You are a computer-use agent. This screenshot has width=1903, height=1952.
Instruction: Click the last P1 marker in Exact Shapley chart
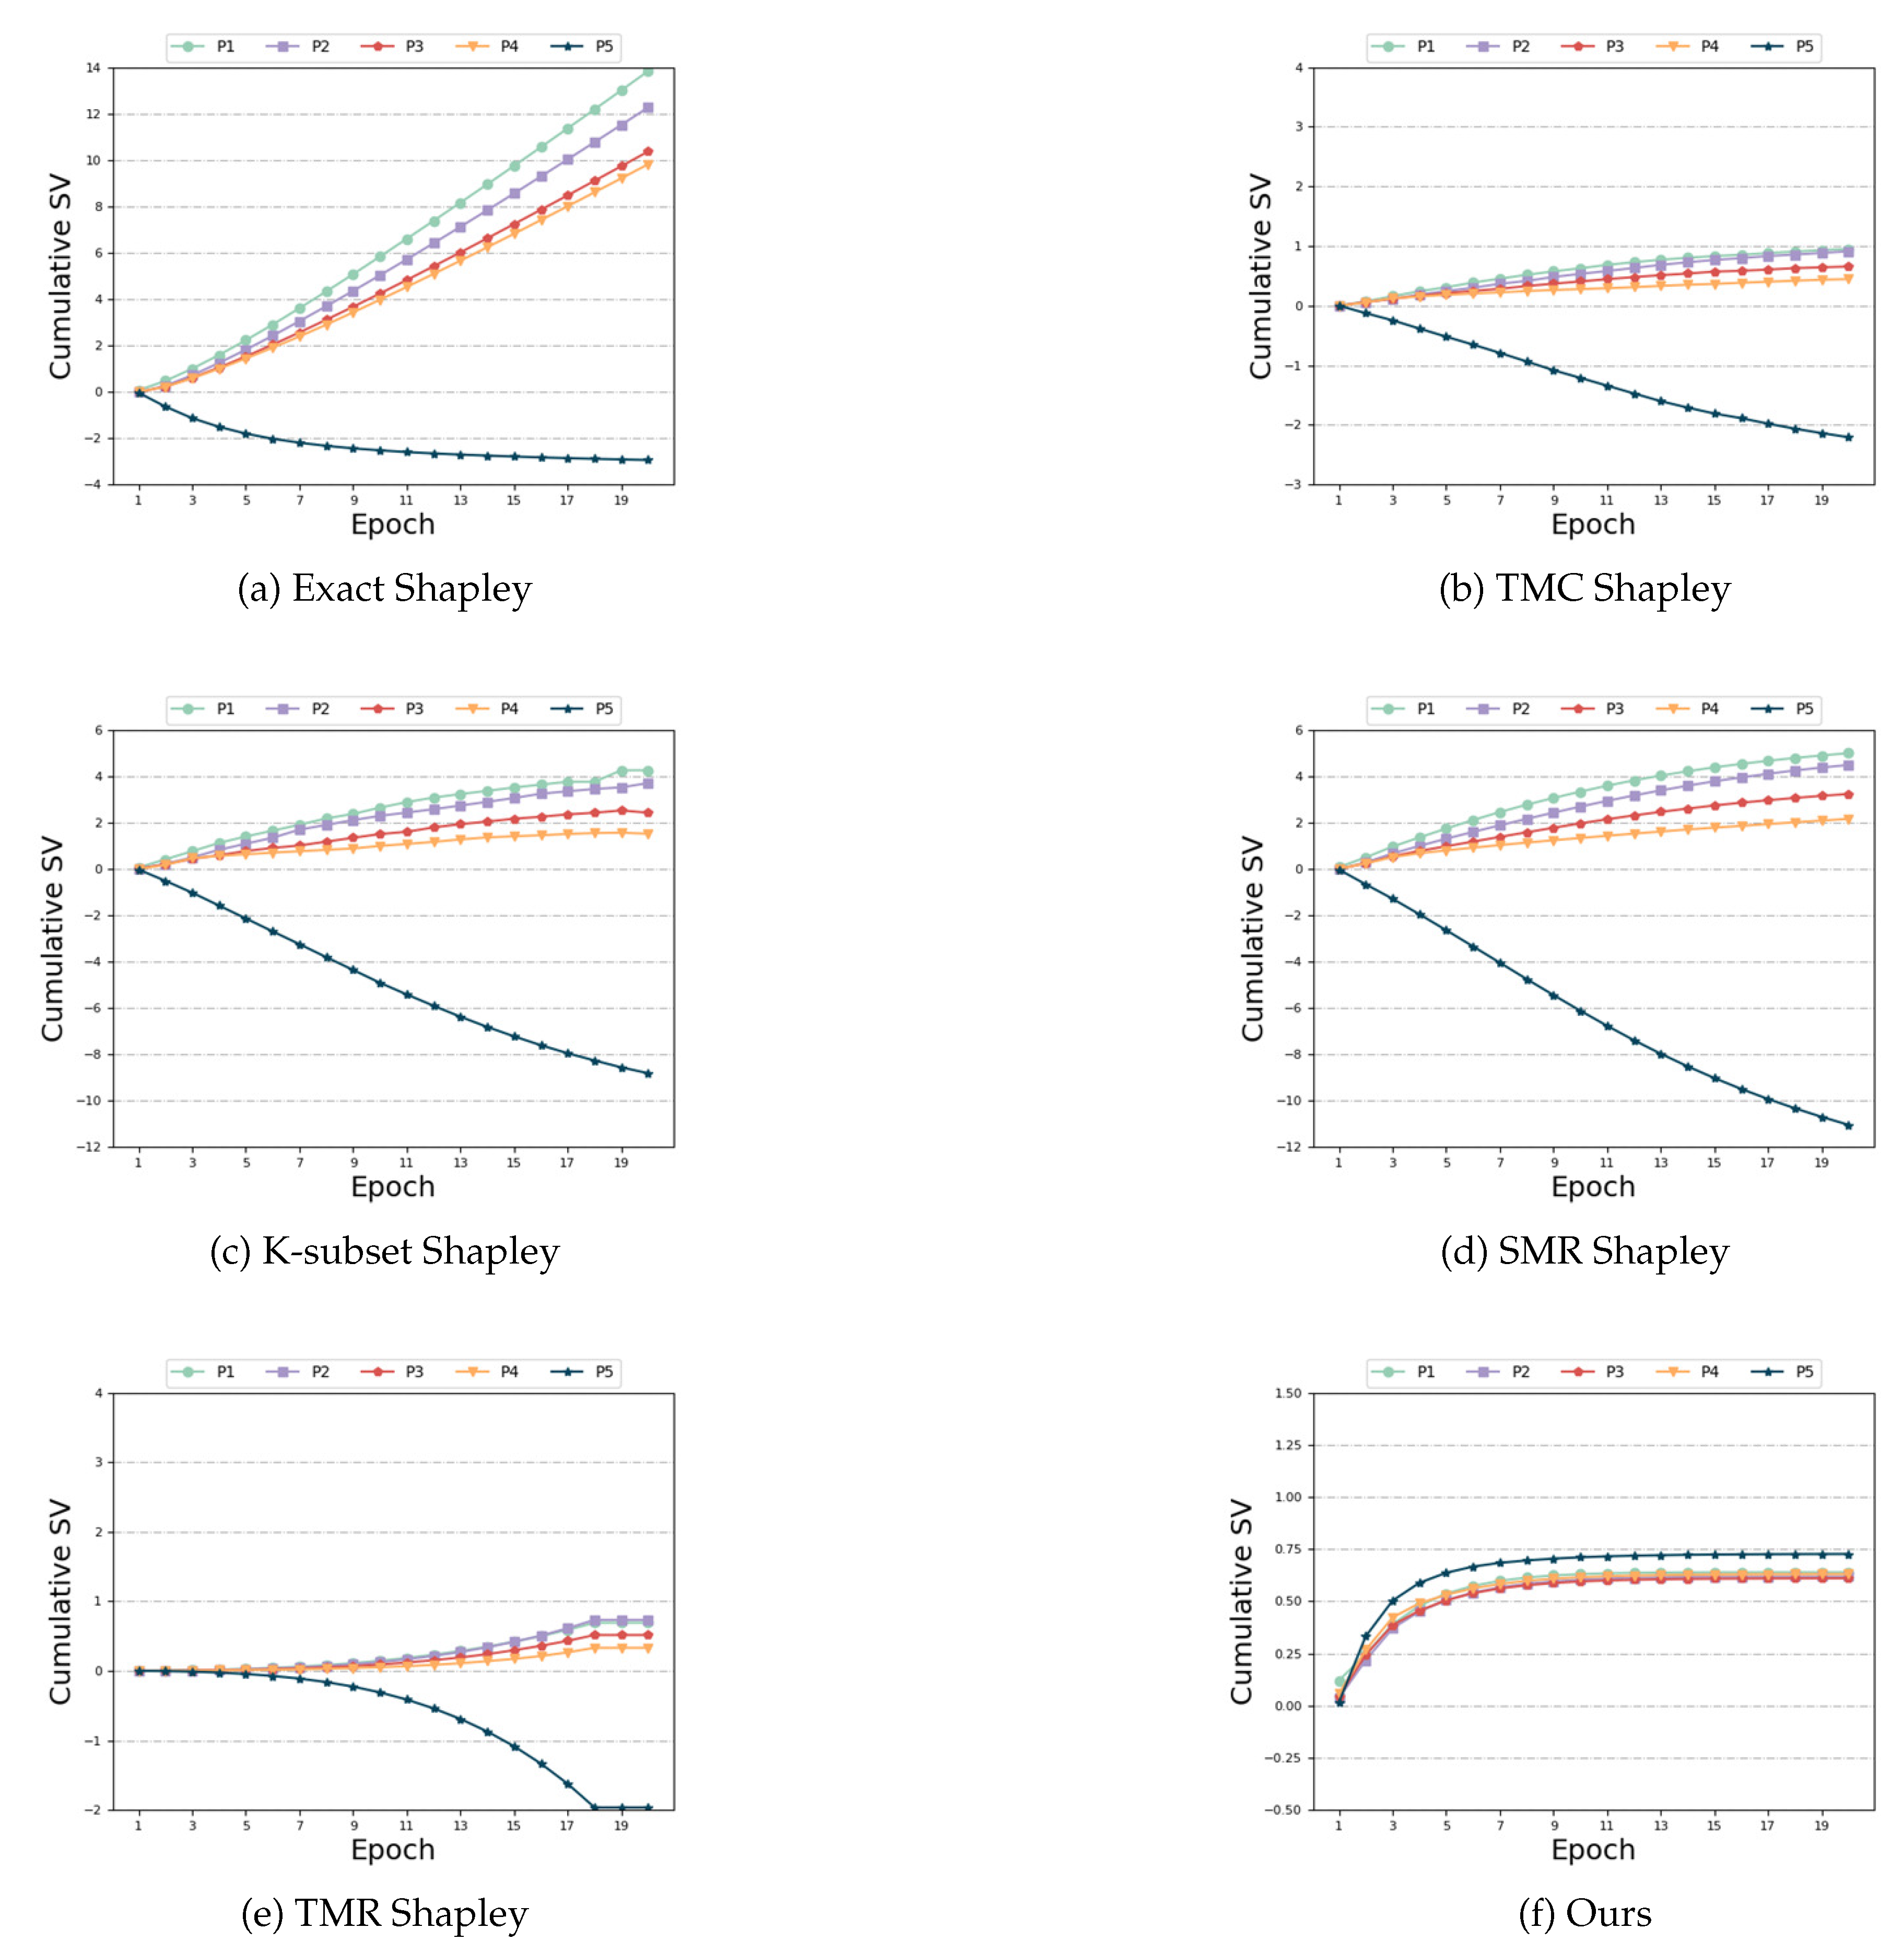tap(648, 71)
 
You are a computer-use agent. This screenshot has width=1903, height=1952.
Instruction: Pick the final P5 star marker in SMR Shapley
tap(1848, 1126)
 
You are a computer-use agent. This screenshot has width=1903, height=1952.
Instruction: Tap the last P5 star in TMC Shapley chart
tap(1848, 437)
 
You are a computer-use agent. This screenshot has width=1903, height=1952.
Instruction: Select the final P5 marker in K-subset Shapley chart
tap(648, 1073)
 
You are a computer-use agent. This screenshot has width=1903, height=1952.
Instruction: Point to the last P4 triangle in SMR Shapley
tap(1848, 819)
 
